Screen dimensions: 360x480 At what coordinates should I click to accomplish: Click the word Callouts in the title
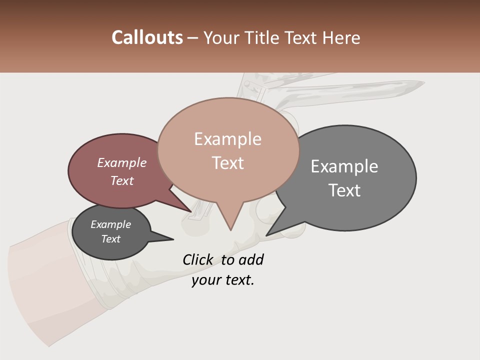(x=147, y=37)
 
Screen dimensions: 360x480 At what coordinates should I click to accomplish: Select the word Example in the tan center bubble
(x=227, y=139)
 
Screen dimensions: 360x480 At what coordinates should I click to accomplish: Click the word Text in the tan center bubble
(x=227, y=163)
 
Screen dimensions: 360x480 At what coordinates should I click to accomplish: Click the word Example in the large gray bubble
(x=344, y=166)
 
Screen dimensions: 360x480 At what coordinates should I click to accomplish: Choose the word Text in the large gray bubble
(x=344, y=190)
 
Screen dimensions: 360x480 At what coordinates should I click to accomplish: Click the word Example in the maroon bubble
(x=121, y=162)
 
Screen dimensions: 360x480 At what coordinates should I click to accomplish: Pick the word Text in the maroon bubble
(x=121, y=180)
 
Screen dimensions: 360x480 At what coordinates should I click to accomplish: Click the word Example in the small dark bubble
(x=110, y=224)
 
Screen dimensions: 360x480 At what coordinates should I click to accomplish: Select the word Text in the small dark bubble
(x=110, y=239)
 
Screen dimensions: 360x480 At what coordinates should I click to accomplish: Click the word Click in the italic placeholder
(x=197, y=259)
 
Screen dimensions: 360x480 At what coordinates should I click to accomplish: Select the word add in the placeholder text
(x=251, y=259)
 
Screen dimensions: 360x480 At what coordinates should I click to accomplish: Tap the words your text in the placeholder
(x=222, y=280)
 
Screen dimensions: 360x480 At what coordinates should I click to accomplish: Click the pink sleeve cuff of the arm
(x=45, y=290)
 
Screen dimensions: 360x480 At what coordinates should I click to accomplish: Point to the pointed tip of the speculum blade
(x=422, y=83)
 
